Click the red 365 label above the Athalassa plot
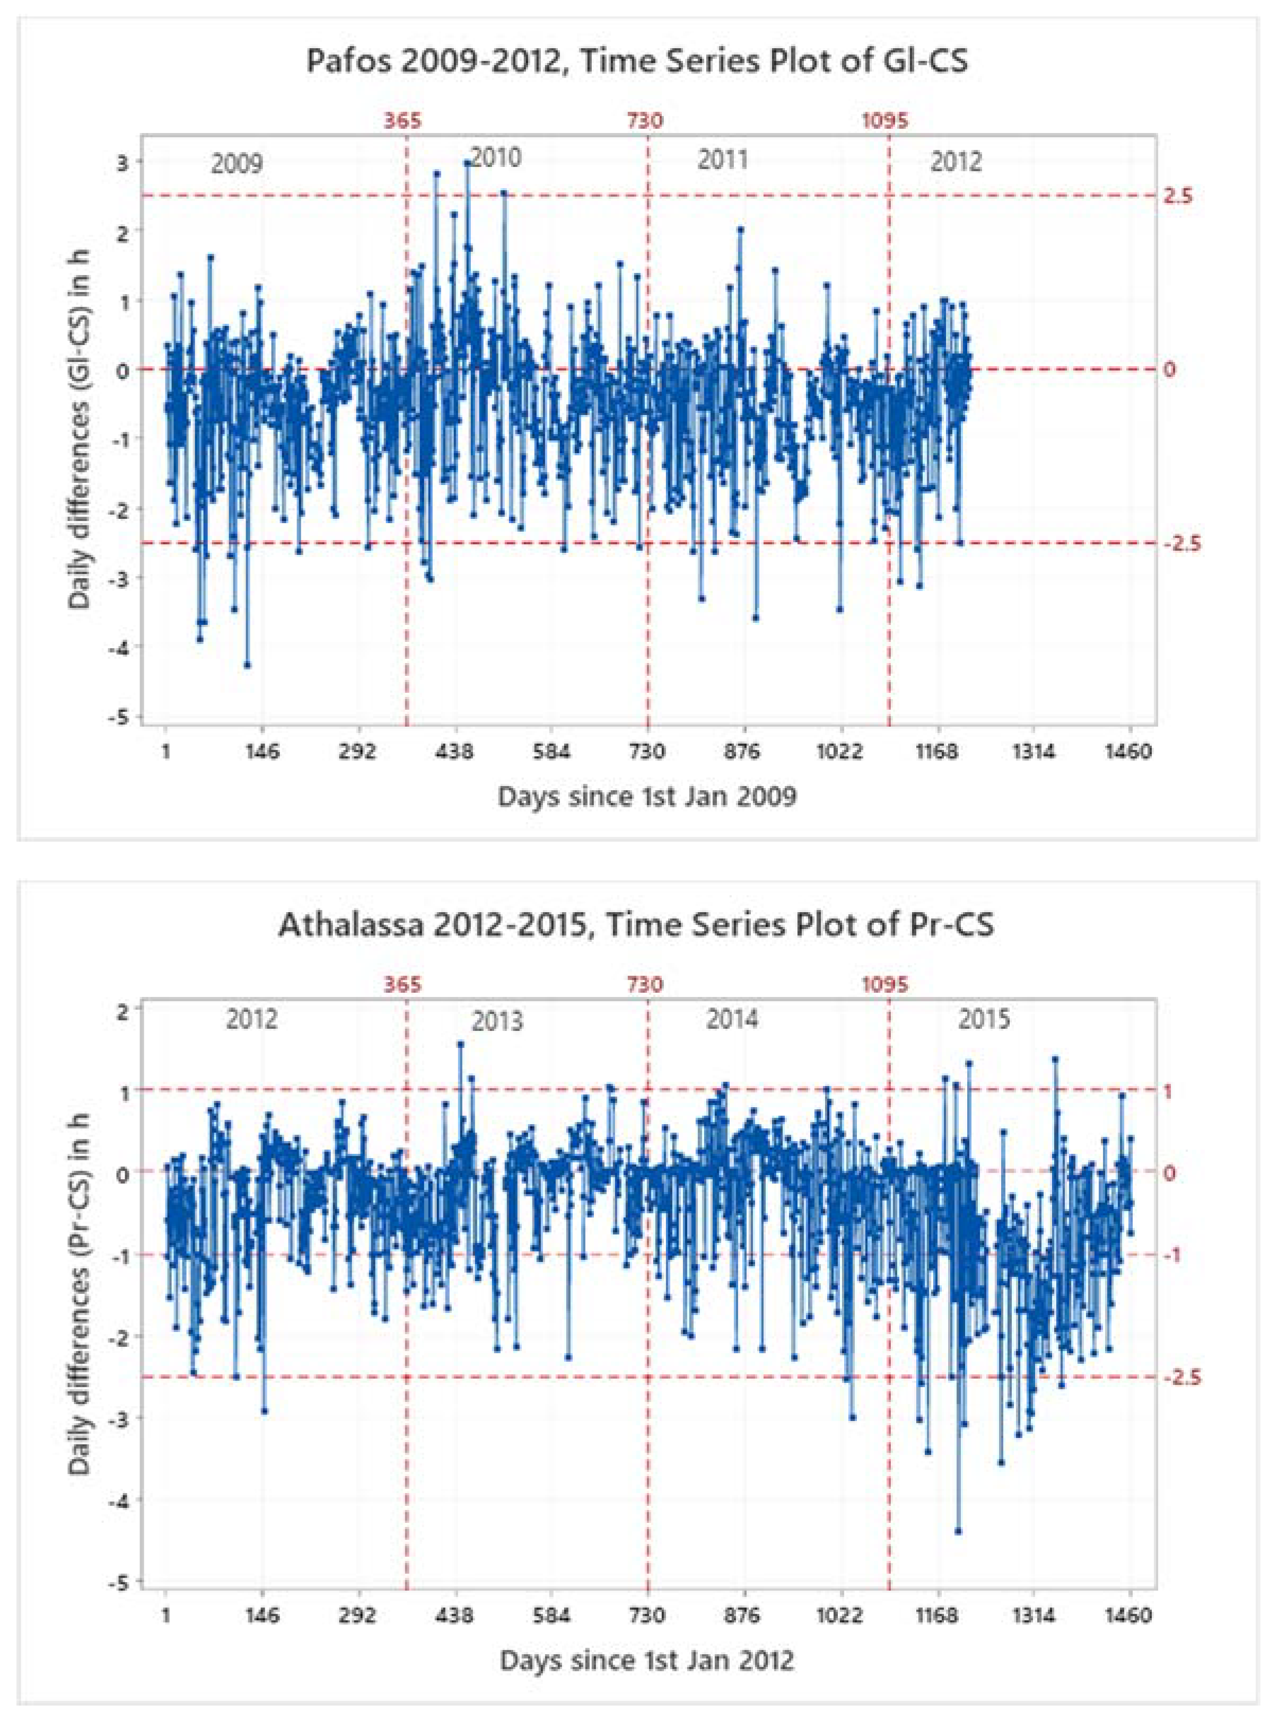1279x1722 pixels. click(404, 984)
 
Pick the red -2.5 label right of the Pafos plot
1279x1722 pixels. click(1182, 544)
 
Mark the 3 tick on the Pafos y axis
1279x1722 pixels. click(122, 161)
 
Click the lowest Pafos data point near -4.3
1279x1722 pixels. click(247, 665)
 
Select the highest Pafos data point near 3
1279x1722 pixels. click(467, 163)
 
